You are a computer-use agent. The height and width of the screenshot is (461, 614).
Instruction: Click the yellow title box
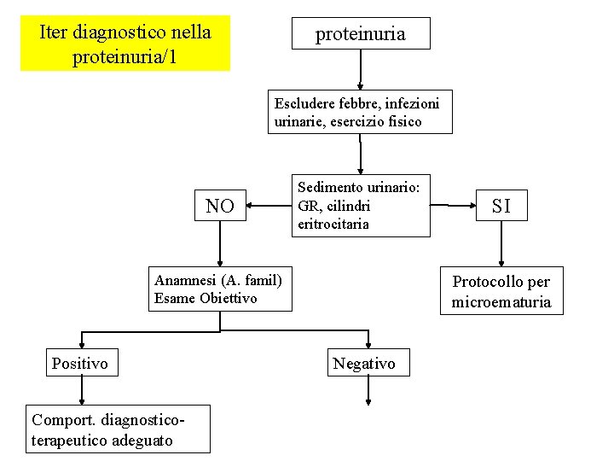click(125, 44)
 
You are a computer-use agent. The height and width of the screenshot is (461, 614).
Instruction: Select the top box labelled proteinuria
click(361, 34)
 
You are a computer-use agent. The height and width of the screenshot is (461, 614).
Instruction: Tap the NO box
click(220, 206)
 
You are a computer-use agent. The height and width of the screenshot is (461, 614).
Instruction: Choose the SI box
click(501, 205)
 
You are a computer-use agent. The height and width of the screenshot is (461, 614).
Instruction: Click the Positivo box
click(80, 364)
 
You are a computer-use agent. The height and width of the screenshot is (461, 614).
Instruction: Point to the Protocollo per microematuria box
click(501, 291)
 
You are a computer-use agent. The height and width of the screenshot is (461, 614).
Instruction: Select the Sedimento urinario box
click(361, 206)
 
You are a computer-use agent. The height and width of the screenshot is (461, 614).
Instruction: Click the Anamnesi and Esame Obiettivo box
click(220, 289)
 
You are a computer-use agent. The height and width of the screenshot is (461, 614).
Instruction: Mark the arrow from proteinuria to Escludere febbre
click(361, 69)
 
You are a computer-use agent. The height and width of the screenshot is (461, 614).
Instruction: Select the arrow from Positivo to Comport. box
click(82, 391)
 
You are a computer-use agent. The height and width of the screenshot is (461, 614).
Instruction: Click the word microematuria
click(501, 302)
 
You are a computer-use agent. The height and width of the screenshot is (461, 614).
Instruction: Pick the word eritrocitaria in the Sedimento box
click(333, 225)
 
